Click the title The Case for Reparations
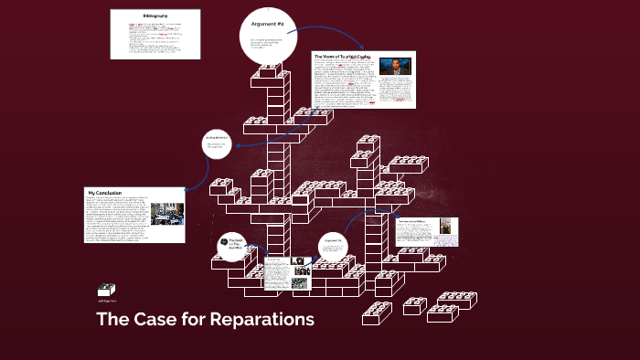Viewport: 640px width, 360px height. pos(205,320)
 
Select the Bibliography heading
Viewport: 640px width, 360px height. pos(155,16)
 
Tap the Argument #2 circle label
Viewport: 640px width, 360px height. pos(269,24)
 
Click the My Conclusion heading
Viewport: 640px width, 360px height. pos(105,193)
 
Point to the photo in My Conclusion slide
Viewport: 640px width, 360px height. pos(167,212)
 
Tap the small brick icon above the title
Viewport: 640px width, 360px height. pos(105,289)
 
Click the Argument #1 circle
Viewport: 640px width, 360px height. pos(334,245)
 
